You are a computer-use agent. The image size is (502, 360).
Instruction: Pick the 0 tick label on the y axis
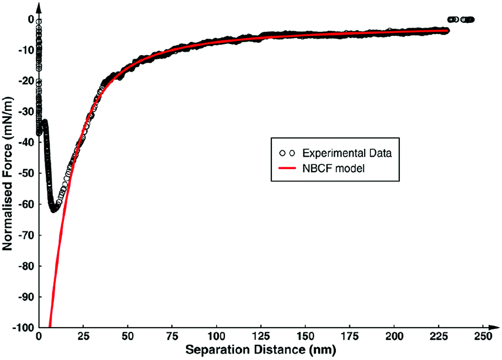pyautogui.click(x=28, y=19)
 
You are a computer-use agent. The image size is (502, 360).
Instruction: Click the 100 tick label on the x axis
pyautogui.click(x=217, y=337)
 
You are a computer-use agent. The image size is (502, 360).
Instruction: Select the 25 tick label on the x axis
pyautogui.click(x=83, y=337)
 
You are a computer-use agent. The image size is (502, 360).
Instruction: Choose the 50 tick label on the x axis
pyautogui.click(x=127, y=337)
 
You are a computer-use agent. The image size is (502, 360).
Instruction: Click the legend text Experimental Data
pyautogui.click(x=347, y=153)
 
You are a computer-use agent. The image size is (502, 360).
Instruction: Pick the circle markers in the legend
pyautogui.click(x=287, y=153)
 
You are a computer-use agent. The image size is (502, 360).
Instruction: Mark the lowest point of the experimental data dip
pyautogui.click(x=53, y=209)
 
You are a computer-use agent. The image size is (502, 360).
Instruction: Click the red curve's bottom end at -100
pyautogui.click(x=50, y=327)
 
